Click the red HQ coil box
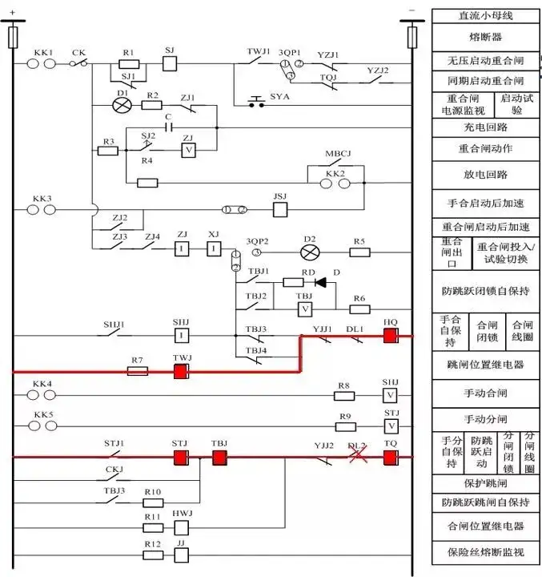[390, 336]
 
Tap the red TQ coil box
[390, 458]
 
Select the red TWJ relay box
[181, 371]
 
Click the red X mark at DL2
[358, 456]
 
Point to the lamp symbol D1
[122, 105]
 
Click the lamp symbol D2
[309, 252]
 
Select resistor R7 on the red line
[137, 371]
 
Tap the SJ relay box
[169, 64]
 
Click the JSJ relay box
[280, 210]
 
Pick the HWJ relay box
[182, 527]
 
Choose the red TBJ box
[219, 458]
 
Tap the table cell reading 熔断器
[485, 37]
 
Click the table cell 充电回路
[485, 127]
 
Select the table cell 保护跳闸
[485, 483]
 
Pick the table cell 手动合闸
[485, 393]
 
